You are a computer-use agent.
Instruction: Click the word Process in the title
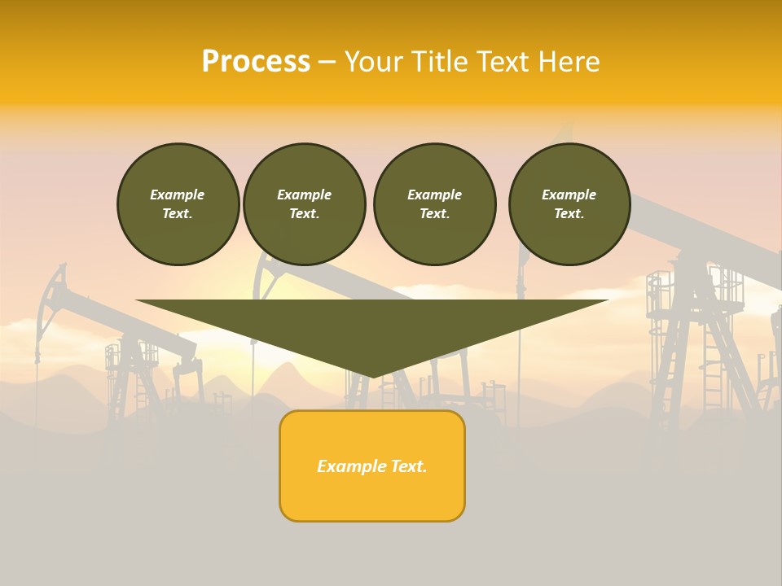pos(256,62)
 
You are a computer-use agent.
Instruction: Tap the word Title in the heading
pos(436,62)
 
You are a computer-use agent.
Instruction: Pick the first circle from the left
pos(178,204)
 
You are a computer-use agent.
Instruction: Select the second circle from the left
pos(305,204)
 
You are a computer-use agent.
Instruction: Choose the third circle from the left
pos(435,204)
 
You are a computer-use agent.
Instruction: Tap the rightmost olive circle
pos(569,204)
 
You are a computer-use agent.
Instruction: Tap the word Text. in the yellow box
pos(407,466)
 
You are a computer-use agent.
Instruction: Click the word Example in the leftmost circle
pos(178,195)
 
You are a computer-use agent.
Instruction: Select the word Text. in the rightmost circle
pos(569,214)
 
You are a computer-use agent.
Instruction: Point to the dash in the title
pos(327,62)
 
